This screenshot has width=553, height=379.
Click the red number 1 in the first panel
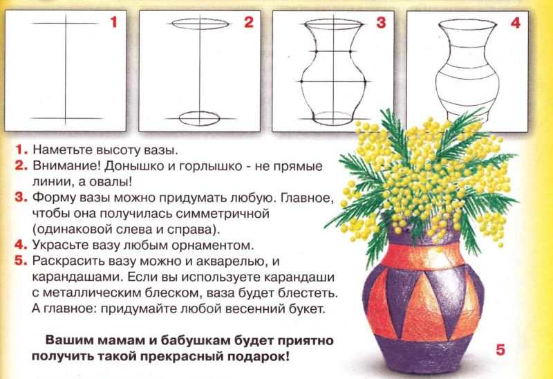click(113, 22)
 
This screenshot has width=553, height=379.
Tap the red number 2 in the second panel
click(249, 22)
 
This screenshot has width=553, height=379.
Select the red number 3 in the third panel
click(382, 22)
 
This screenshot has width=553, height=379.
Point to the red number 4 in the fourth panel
click(515, 23)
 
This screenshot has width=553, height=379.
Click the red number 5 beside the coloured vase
click(500, 349)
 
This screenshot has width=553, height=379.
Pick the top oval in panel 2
click(200, 24)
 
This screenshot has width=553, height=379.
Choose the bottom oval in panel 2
click(199, 118)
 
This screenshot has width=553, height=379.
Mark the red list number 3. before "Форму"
click(21, 197)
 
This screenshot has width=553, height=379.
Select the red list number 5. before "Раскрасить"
click(21, 261)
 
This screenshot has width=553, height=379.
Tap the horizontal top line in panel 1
click(66, 24)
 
